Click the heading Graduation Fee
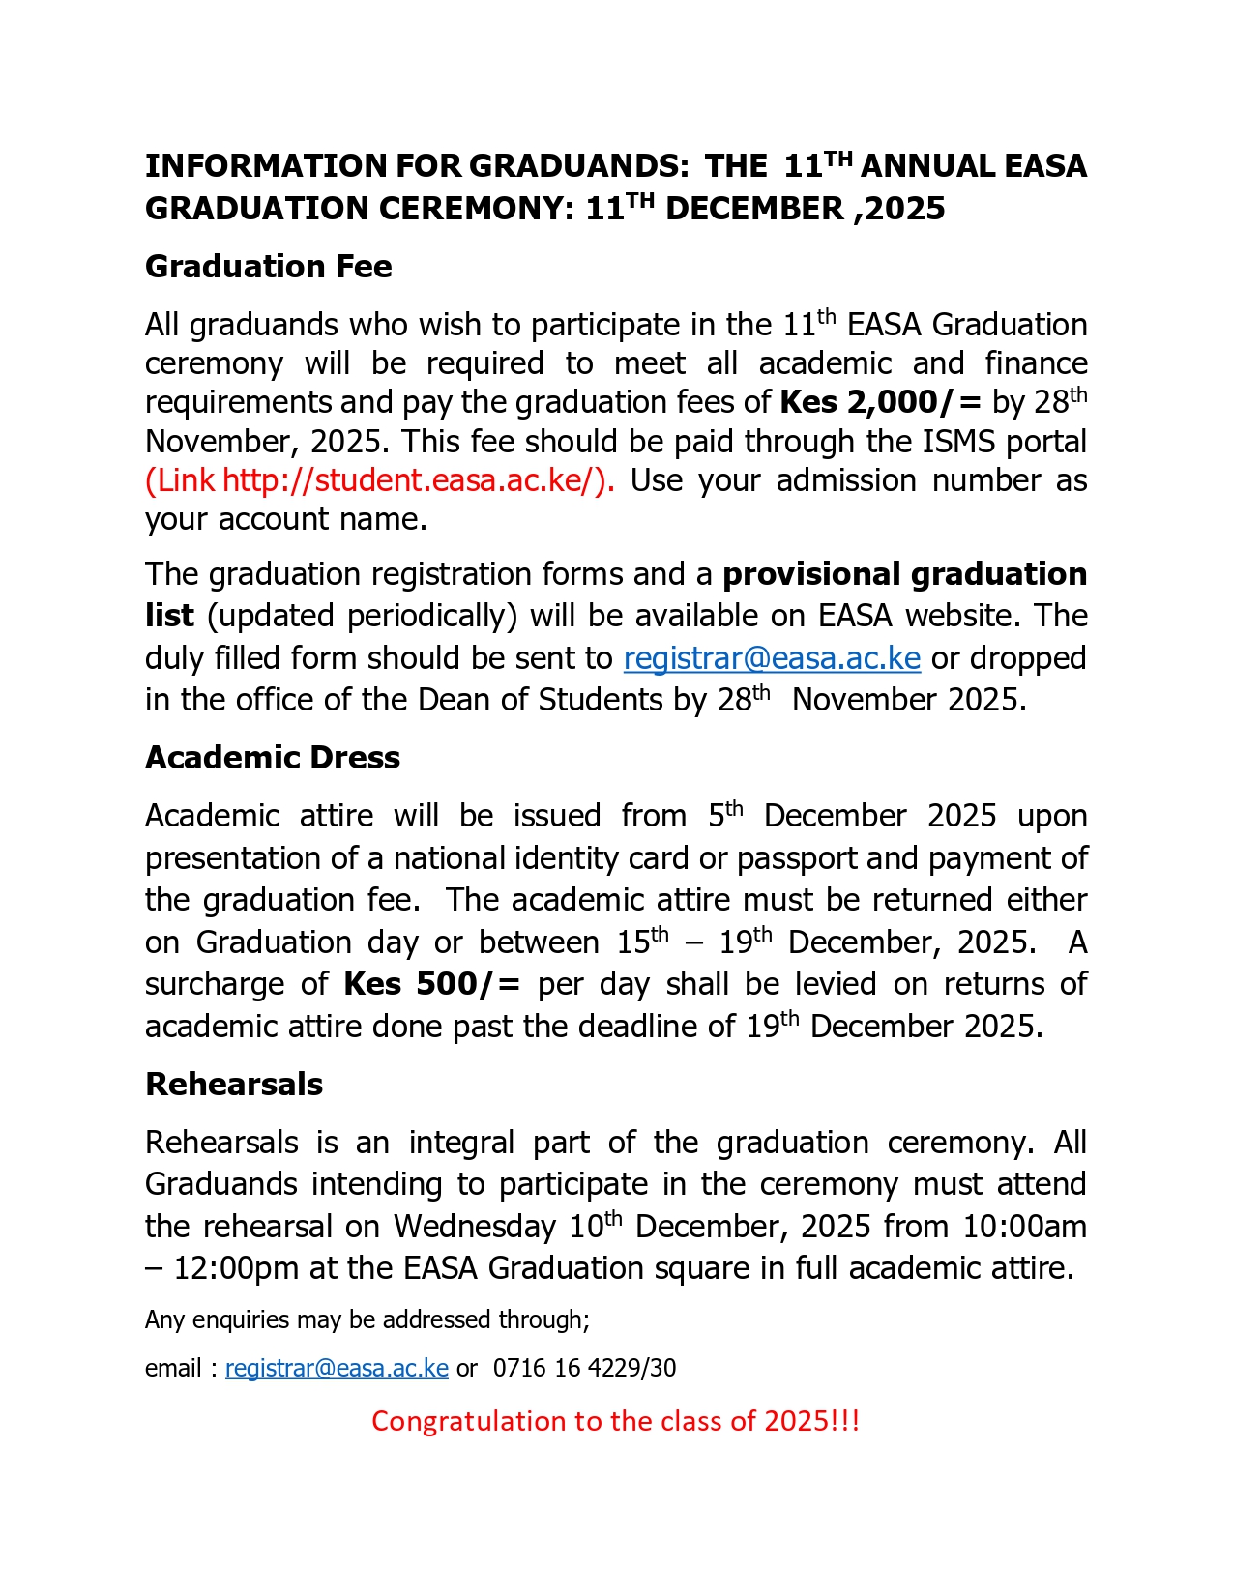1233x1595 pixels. [x=268, y=267]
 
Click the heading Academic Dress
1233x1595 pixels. [x=272, y=758]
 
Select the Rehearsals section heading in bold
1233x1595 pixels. [x=233, y=1085]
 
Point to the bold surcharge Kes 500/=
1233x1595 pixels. [x=431, y=984]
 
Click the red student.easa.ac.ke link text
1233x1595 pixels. [x=380, y=480]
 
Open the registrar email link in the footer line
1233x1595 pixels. [x=337, y=1369]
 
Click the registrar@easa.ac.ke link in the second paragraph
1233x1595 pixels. [x=772, y=658]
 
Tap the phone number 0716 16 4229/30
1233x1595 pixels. [x=584, y=1369]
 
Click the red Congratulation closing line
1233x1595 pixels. [x=615, y=1421]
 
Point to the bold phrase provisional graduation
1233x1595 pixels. [x=904, y=574]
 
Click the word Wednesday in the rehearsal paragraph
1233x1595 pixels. [x=474, y=1227]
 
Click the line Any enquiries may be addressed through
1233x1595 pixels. [x=367, y=1320]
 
